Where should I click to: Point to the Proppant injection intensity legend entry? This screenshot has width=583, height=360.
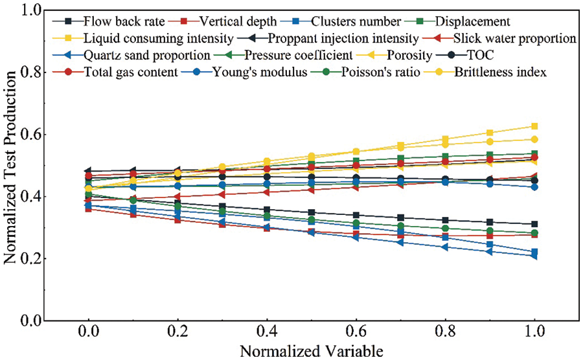coord(343,38)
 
